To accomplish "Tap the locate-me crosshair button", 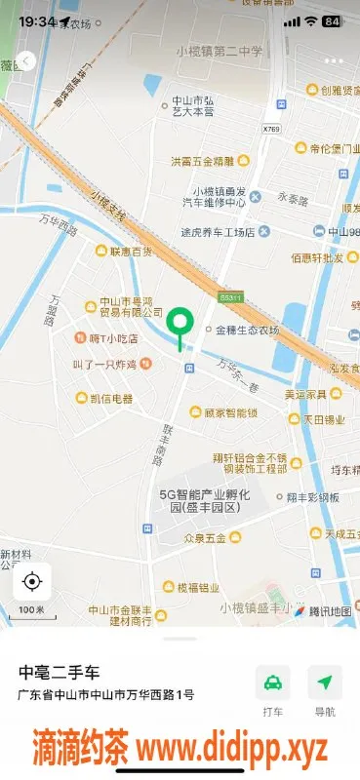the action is click(x=31, y=582).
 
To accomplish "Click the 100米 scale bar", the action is click(x=31, y=612).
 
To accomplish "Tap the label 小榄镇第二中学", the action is click(x=220, y=52).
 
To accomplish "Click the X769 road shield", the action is click(x=271, y=128).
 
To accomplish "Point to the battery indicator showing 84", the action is click(x=332, y=20).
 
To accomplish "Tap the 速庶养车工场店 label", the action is click(x=217, y=232).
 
